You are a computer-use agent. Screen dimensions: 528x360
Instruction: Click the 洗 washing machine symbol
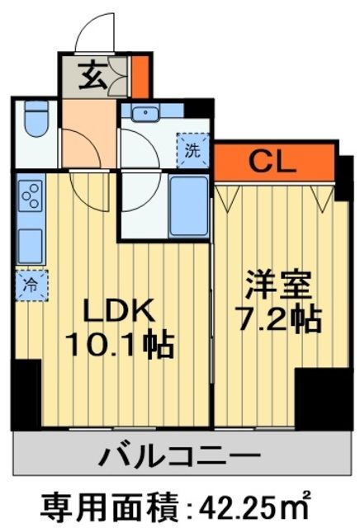[192, 152]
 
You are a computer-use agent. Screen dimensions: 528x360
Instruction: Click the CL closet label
[273, 162]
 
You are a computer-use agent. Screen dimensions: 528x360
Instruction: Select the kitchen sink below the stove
[30, 244]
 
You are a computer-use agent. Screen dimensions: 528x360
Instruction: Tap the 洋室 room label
[277, 285]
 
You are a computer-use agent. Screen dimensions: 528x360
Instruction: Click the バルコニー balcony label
[180, 455]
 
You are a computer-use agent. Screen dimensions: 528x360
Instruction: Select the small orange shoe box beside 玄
[141, 75]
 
